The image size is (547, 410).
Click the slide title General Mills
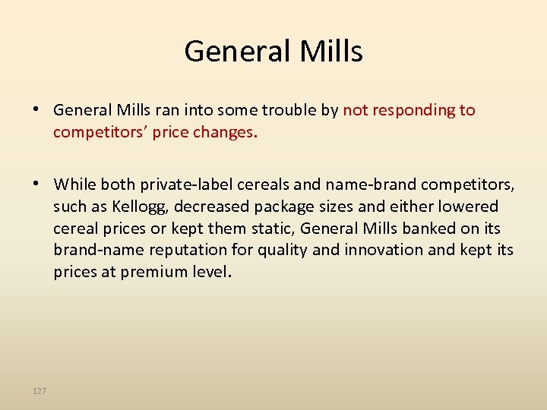pyautogui.click(x=273, y=52)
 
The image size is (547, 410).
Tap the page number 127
pyautogui.click(x=40, y=391)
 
